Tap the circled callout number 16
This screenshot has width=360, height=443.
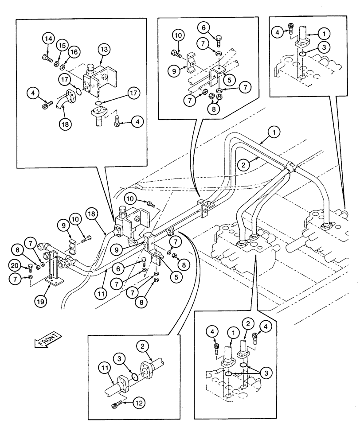[x=74, y=52]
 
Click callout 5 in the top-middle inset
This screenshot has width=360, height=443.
[x=229, y=80]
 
